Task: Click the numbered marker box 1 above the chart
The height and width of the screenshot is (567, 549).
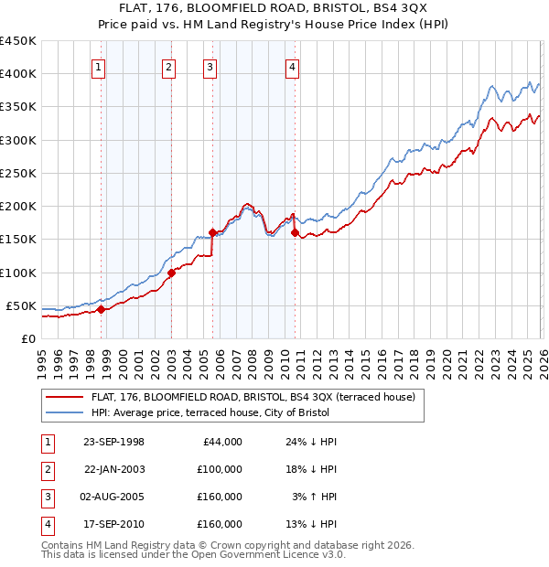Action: pos(98,66)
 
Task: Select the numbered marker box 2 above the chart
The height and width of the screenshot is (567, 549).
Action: pos(168,66)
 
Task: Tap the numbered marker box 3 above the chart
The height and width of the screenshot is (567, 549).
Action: pos(210,66)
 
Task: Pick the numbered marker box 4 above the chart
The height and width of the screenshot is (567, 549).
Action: pos(292,66)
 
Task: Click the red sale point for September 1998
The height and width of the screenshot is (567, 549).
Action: pos(102,309)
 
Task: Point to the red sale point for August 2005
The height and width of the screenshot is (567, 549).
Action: pos(212,232)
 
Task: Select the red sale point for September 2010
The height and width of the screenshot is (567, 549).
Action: pos(295,232)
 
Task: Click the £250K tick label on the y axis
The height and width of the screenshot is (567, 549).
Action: pos(18,173)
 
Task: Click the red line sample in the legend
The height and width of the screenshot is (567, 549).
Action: pos(64,397)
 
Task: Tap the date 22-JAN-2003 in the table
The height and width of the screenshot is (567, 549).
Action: pos(113,469)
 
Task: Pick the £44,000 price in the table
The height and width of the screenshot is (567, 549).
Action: pos(220,442)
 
